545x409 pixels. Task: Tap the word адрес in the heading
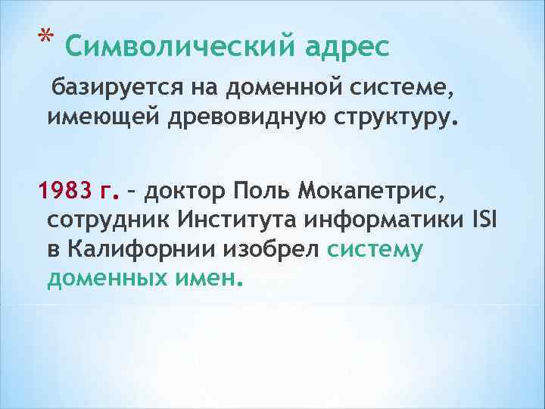pos(347,48)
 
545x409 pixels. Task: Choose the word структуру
pos(391,118)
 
